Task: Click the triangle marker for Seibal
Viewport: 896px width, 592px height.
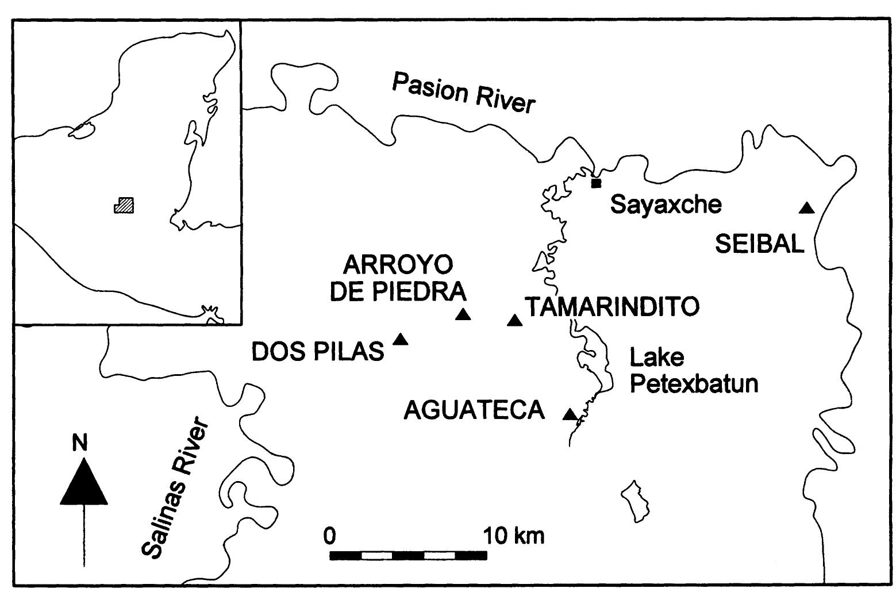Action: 807,208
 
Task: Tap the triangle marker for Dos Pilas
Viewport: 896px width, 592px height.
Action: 400,340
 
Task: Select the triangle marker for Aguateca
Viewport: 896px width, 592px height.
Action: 570,414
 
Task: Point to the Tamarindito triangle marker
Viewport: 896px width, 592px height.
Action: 514,320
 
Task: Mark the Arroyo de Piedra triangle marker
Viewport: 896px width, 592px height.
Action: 463,314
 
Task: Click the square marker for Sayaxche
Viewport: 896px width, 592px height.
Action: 596,183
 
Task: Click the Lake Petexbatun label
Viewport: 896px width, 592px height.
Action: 693,370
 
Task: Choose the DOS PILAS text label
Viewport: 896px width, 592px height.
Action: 318,352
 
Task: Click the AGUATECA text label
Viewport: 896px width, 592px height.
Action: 474,410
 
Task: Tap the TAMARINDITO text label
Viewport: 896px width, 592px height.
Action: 613,307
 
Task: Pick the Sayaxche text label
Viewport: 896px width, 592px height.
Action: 666,204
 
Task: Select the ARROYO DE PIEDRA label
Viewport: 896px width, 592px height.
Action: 398,278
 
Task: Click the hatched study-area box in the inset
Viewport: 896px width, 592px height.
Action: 124,205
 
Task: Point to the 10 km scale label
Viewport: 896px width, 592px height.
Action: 513,536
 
